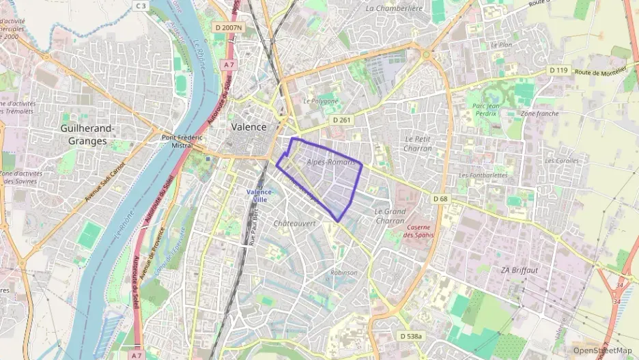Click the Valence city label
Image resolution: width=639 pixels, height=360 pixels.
(x=248, y=127)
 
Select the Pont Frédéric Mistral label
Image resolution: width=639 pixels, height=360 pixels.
(x=182, y=141)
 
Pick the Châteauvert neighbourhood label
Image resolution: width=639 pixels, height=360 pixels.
(x=294, y=223)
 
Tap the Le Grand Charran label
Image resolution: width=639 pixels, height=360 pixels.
(x=390, y=216)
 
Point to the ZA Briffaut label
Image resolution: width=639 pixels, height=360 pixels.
(x=520, y=270)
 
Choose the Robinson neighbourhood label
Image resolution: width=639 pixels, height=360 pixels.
(x=343, y=273)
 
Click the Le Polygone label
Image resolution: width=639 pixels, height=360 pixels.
(x=320, y=100)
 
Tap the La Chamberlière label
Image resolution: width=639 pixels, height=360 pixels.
(x=395, y=8)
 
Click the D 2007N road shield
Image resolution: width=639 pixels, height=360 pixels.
(x=228, y=27)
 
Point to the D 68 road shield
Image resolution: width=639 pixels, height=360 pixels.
(x=440, y=199)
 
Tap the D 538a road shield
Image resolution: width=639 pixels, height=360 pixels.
(x=410, y=336)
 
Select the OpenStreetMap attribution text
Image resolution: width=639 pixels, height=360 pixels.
(x=603, y=350)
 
